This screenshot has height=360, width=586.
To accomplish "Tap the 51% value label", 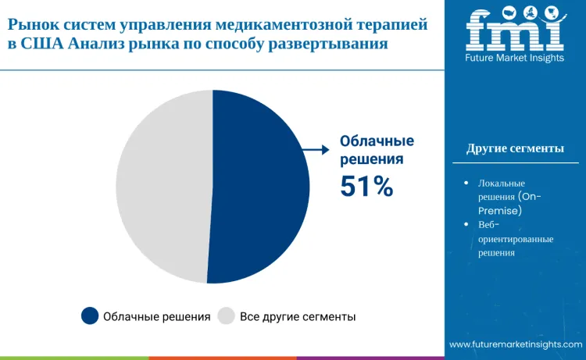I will click(366, 186).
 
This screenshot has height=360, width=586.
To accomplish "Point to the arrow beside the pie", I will click(315, 148).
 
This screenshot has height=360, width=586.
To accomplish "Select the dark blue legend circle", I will click(90, 316).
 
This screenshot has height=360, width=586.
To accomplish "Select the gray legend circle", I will click(226, 316).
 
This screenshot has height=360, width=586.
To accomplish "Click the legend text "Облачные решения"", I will click(157, 316).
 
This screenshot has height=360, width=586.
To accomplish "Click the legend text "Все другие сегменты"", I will click(298, 316).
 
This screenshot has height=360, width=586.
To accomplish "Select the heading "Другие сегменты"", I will click(515, 149).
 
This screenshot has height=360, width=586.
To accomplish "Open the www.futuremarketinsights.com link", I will click(516, 344).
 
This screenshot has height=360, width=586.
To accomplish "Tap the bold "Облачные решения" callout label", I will click(376, 150).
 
